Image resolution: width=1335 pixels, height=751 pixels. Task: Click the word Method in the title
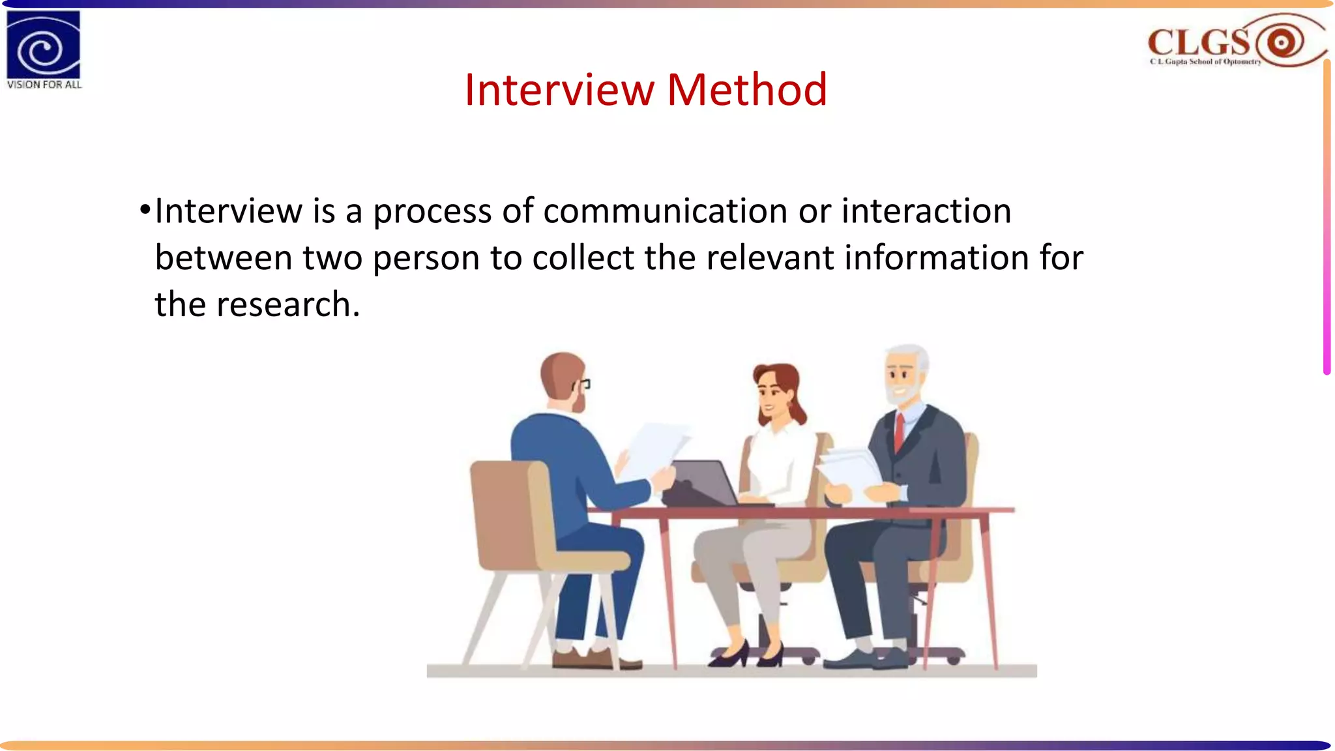pos(747,89)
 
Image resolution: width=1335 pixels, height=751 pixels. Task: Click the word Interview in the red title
pos(559,89)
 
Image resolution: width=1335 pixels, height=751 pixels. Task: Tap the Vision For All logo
pos(44,50)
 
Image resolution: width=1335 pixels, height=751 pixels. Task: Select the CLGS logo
pos(1235,42)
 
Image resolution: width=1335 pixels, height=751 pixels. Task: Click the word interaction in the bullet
pos(926,211)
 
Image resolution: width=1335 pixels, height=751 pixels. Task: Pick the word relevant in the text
pos(770,258)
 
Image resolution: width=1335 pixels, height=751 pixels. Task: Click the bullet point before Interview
pos(145,211)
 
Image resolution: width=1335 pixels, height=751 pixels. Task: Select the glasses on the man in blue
pos(582,385)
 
